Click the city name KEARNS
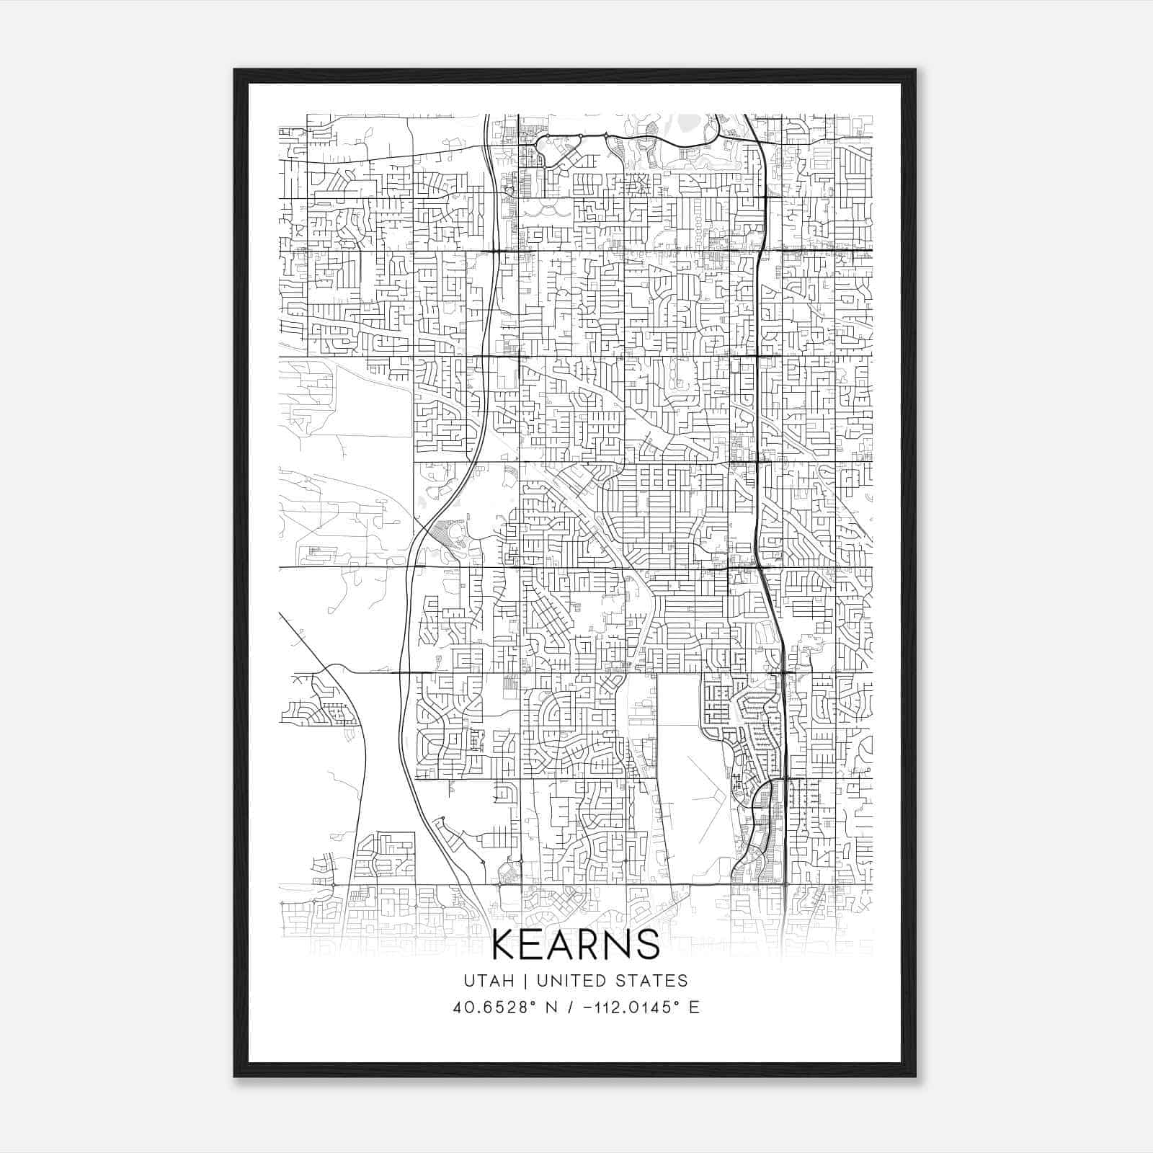pos(576,945)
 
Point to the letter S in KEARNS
pos(648,945)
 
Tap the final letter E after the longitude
pos(694,1007)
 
